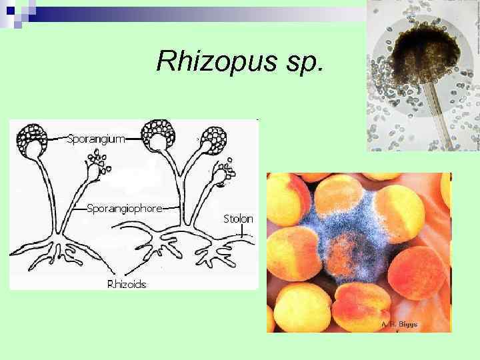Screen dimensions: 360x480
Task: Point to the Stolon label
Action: tap(238, 219)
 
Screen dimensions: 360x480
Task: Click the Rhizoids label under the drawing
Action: tap(127, 284)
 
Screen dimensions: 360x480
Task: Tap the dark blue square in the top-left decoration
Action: tap(10, 10)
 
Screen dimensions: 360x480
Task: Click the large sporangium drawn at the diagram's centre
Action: tap(159, 137)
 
